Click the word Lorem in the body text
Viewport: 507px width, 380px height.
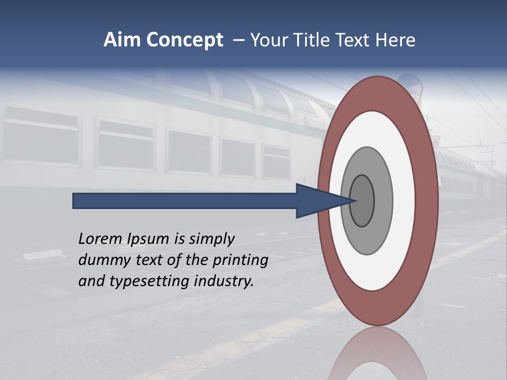tap(100, 239)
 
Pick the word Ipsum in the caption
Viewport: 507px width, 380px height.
tap(150, 240)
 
